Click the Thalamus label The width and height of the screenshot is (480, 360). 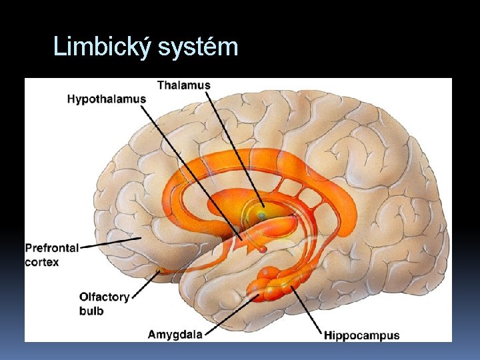pos(183,85)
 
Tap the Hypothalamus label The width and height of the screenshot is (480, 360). pos(106,99)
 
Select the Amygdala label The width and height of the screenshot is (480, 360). pos(175,334)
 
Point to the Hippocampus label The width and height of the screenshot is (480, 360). pos(362,335)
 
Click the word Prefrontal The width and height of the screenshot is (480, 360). pos(52,248)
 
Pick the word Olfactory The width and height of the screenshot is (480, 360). pos(104,297)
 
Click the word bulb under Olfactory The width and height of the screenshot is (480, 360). pos(91,311)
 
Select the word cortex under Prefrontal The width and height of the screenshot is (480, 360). pos(42,262)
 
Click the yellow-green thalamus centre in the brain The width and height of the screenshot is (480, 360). pos(262,215)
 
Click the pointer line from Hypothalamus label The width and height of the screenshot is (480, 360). pos(193,170)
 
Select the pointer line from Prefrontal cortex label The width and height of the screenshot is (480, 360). pos(110,243)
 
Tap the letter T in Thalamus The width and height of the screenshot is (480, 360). pos(161,85)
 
